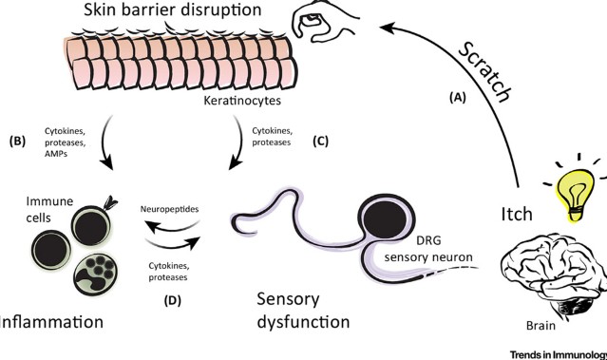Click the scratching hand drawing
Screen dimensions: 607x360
(326, 20)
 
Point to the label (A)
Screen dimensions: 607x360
(457, 98)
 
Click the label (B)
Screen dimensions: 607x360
(17, 142)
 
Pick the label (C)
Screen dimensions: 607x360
(320, 142)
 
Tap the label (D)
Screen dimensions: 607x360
(172, 300)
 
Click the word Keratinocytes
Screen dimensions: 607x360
(242, 101)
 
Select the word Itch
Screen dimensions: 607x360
(517, 214)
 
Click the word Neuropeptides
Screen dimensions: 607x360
(169, 209)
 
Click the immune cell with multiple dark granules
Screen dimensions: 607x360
(95, 275)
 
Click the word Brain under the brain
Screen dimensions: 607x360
(541, 326)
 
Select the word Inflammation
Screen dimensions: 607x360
(51, 322)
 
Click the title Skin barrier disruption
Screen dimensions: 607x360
(173, 9)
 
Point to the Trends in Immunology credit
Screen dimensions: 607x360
(559, 354)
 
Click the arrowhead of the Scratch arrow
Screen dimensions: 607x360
(388, 28)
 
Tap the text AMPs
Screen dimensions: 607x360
(56, 154)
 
